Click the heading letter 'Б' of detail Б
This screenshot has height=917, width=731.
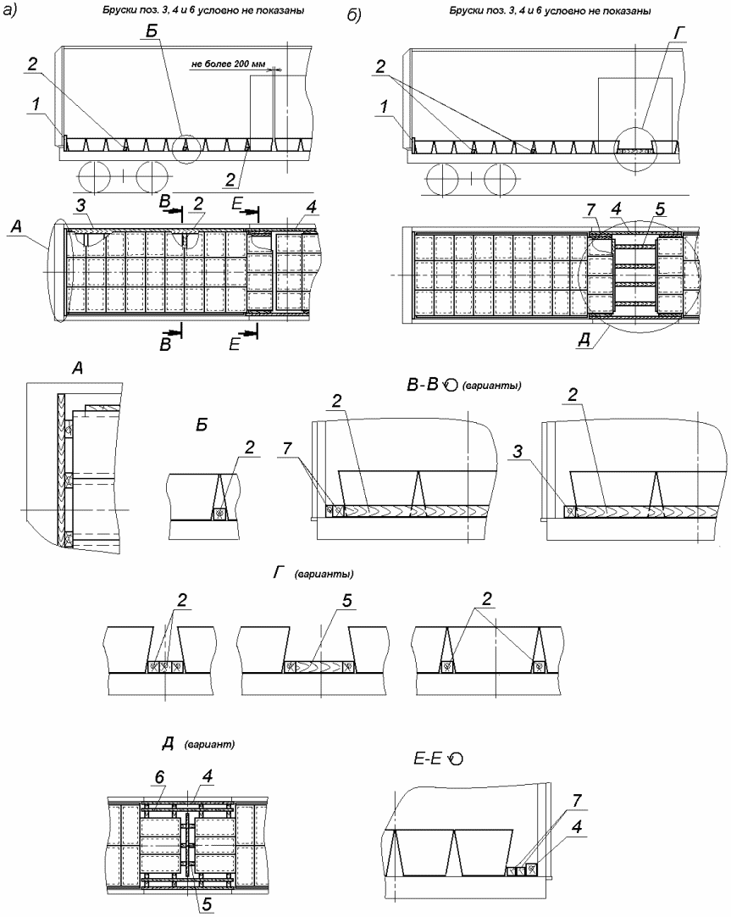pos(202,428)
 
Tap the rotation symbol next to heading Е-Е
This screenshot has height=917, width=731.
pos(457,760)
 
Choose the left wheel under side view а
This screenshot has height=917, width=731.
pos(97,178)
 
